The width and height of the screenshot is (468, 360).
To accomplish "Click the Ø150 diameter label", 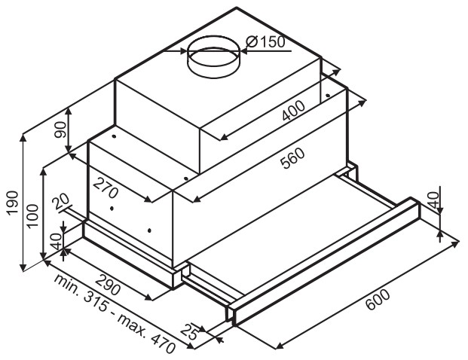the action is [265, 41].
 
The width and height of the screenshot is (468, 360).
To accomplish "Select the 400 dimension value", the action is [294, 111].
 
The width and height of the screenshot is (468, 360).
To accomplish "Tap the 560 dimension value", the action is [294, 158].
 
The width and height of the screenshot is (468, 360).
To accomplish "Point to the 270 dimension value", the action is [106, 188].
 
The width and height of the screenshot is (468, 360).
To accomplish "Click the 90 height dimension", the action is [60, 130].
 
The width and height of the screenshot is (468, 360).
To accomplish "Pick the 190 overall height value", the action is [13, 203].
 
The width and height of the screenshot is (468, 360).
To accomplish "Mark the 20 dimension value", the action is [60, 202].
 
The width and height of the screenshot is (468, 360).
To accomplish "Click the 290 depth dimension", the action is [108, 284].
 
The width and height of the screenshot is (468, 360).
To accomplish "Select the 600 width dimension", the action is [378, 299].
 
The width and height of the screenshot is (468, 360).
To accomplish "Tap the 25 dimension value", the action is [190, 331].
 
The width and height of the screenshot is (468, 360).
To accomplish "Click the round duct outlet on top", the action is [213, 56].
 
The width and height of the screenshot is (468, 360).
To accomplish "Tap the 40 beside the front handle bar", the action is [433, 200].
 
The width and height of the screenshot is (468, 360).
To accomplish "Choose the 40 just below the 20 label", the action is [56, 241].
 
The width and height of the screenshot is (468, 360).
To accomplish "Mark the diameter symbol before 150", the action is [252, 41].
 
